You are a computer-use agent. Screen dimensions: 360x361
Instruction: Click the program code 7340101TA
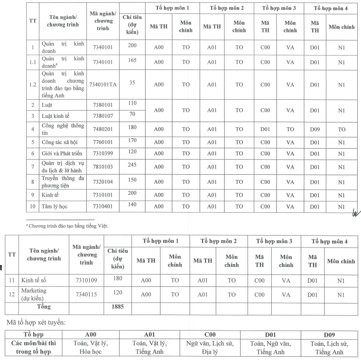pyautogui.click(x=103, y=84)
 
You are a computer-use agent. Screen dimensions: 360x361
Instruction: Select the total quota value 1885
pyautogui.click(x=118, y=307)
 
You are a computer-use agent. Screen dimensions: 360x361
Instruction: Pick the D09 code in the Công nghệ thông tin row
pyautogui.click(x=315, y=129)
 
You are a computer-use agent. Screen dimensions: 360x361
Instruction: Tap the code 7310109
pyautogui.click(x=86, y=280)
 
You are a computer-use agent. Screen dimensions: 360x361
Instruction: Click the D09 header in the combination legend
pyautogui.click(x=329, y=335)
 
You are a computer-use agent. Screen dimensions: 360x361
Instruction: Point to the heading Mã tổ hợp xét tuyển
pyautogui.click(x=36, y=322)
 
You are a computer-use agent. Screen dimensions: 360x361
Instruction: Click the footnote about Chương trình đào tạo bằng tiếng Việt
pyautogui.click(x=67, y=226)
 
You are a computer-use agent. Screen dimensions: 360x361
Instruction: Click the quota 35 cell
pyautogui.click(x=132, y=82)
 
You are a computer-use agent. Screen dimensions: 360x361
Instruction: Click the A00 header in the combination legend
pyautogui.click(x=91, y=335)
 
